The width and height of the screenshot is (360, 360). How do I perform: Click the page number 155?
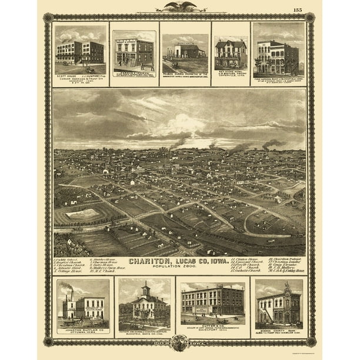tap(298, 9)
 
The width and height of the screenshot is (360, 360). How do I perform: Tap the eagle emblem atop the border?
tap(180, 6)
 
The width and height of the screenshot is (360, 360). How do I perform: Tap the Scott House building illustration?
tap(80, 53)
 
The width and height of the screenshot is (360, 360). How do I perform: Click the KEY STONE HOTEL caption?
tap(230, 72)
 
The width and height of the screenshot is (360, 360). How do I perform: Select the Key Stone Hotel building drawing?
tap(231, 54)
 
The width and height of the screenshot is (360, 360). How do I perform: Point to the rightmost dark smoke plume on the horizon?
tap(272, 144)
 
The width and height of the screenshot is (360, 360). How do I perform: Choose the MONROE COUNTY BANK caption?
tap(279, 331)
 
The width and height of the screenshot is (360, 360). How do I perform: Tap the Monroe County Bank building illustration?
tap(279, 306)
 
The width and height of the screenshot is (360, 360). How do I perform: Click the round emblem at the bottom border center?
tap(179, 342)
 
